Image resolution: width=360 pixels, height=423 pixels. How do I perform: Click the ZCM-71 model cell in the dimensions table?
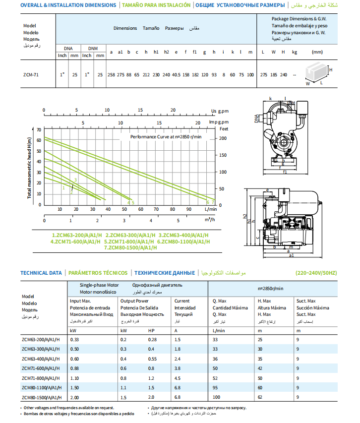31,74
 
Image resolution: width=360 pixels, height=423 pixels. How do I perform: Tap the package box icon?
317,73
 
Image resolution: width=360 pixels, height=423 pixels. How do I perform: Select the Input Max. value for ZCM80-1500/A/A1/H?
75,397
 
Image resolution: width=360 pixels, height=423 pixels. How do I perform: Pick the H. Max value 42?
260,368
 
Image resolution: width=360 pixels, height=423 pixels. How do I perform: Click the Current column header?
182,301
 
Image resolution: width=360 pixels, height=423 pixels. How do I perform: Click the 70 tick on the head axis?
39,130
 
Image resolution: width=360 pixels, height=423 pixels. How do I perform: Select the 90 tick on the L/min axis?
188,209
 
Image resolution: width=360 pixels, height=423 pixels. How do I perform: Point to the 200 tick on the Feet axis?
223,138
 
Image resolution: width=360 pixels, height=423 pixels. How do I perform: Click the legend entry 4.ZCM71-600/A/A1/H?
75,242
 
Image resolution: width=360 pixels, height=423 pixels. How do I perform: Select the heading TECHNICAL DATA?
41,273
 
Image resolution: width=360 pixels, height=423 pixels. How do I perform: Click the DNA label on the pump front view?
256,117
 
